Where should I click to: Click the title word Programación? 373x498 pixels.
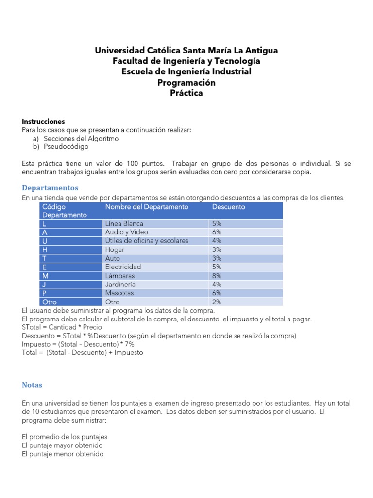(186, 83)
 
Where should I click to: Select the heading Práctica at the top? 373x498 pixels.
(186, 93)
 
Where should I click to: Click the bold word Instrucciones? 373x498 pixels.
(43, 121)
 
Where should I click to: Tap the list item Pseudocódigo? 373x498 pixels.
(66, 146)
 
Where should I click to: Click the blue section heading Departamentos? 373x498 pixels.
(50, 188)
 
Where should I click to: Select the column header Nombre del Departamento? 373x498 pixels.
(146, 207)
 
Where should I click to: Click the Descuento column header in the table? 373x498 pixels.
(228, 207)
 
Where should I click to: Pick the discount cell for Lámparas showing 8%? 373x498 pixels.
(217, 276)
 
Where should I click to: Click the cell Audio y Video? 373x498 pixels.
(127, 232)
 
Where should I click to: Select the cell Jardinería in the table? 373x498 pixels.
(120, 284)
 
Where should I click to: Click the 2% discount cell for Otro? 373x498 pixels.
(217, 302)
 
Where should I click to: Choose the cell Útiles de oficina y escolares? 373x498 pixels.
(147, 241)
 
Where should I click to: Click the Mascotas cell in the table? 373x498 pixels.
(119, 293)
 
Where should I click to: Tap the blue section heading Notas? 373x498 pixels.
(32, 385)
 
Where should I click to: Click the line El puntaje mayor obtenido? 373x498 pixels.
(62, 445)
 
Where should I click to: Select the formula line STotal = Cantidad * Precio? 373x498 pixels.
(62, 327)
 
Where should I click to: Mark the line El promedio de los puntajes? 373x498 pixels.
(65, 437)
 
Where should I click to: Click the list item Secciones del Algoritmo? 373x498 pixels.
(81, 138)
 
